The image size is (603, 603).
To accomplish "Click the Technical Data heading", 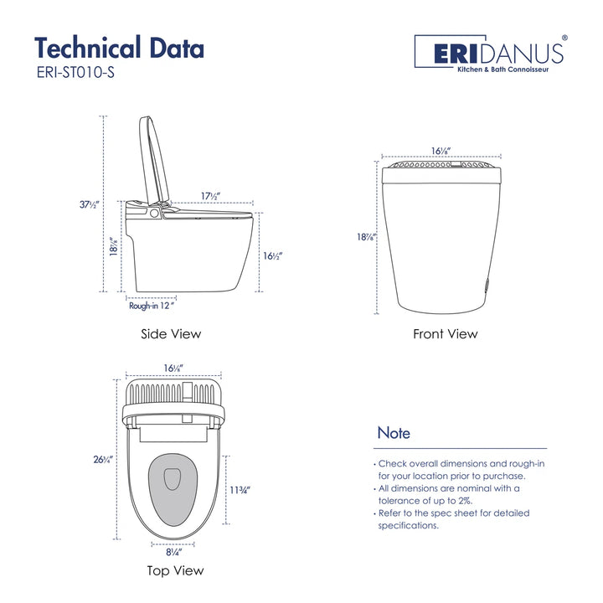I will (x=119, y=49).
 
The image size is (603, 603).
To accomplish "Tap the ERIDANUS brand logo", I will (x=491, y=51).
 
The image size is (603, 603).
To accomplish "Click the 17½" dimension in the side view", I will (x=210, y=196).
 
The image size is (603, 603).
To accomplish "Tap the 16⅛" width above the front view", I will (x=441, y=151).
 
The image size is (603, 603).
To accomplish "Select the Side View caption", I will (x=171, y=334).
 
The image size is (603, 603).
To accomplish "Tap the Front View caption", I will (x=445, y=334).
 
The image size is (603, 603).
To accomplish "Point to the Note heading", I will (x=394, y=434).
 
